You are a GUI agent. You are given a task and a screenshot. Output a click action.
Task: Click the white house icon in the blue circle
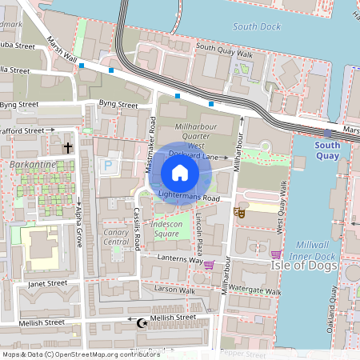(x=179, y=173)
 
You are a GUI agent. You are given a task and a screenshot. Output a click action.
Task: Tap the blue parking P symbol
(x=108, y=165)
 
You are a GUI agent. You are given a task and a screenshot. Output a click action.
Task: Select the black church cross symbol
(x=68, y=147)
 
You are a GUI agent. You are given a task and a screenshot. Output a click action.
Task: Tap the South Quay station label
(x=326, y=150)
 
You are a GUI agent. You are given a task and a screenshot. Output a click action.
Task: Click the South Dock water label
(x=255, y=26)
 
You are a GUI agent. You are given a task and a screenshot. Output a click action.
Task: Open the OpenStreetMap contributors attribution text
(x=80, y=354)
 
